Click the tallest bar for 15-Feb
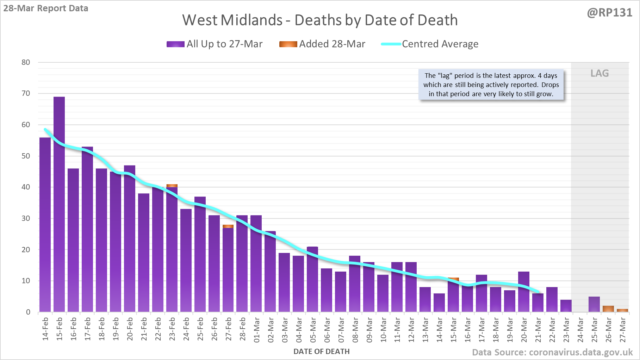[x=59, y=204]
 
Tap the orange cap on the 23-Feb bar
[x=172, y=186]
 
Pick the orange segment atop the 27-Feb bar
[x=228, y=226]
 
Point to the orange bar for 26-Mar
[x=608, y=309]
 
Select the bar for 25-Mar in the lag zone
[x=594, y=304]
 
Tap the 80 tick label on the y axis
[x=26, y=62]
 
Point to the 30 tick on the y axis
[x=26, y=218]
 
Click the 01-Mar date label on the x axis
[x=257, y=330]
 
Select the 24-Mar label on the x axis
[x=580, y=330]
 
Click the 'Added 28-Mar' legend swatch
[x=288, y=44]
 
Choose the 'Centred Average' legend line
[x=391, y=44]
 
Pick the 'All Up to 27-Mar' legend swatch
[x=175, y=44]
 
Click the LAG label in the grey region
[x=599, y=73]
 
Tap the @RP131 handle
[x=609, y=13]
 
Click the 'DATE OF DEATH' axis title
[x=322, y=352]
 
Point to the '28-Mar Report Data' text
[x=46, y=8]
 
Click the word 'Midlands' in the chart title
[x=251, y=20]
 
